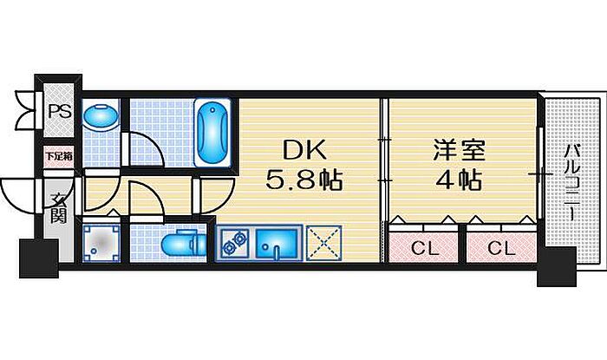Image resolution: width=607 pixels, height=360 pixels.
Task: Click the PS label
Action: (x=59, y=110)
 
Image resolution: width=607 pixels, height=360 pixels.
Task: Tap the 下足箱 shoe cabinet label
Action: (x=59, y=157)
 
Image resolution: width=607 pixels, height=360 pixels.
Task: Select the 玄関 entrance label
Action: (x=58, y=209)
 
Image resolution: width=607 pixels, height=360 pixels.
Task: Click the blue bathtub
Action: (x=212, y=132)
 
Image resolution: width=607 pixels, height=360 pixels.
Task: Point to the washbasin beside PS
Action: (x=101, y=116)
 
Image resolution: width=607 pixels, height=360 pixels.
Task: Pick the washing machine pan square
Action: (x=101, y=242)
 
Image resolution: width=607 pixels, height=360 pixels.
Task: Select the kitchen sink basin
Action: (x=278, y=244)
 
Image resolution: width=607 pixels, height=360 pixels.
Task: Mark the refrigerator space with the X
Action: (x=325, y=242)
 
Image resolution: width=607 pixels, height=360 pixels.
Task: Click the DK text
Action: (x=303, y=150)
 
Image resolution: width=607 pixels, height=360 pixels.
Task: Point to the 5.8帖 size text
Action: (x=303, y=181)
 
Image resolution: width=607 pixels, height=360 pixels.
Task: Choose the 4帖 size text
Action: (x=457, y=181)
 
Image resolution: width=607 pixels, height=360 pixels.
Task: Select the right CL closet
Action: (x=500, y=248)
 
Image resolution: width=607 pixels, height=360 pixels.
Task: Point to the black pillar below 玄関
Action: (x=36, y=256)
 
